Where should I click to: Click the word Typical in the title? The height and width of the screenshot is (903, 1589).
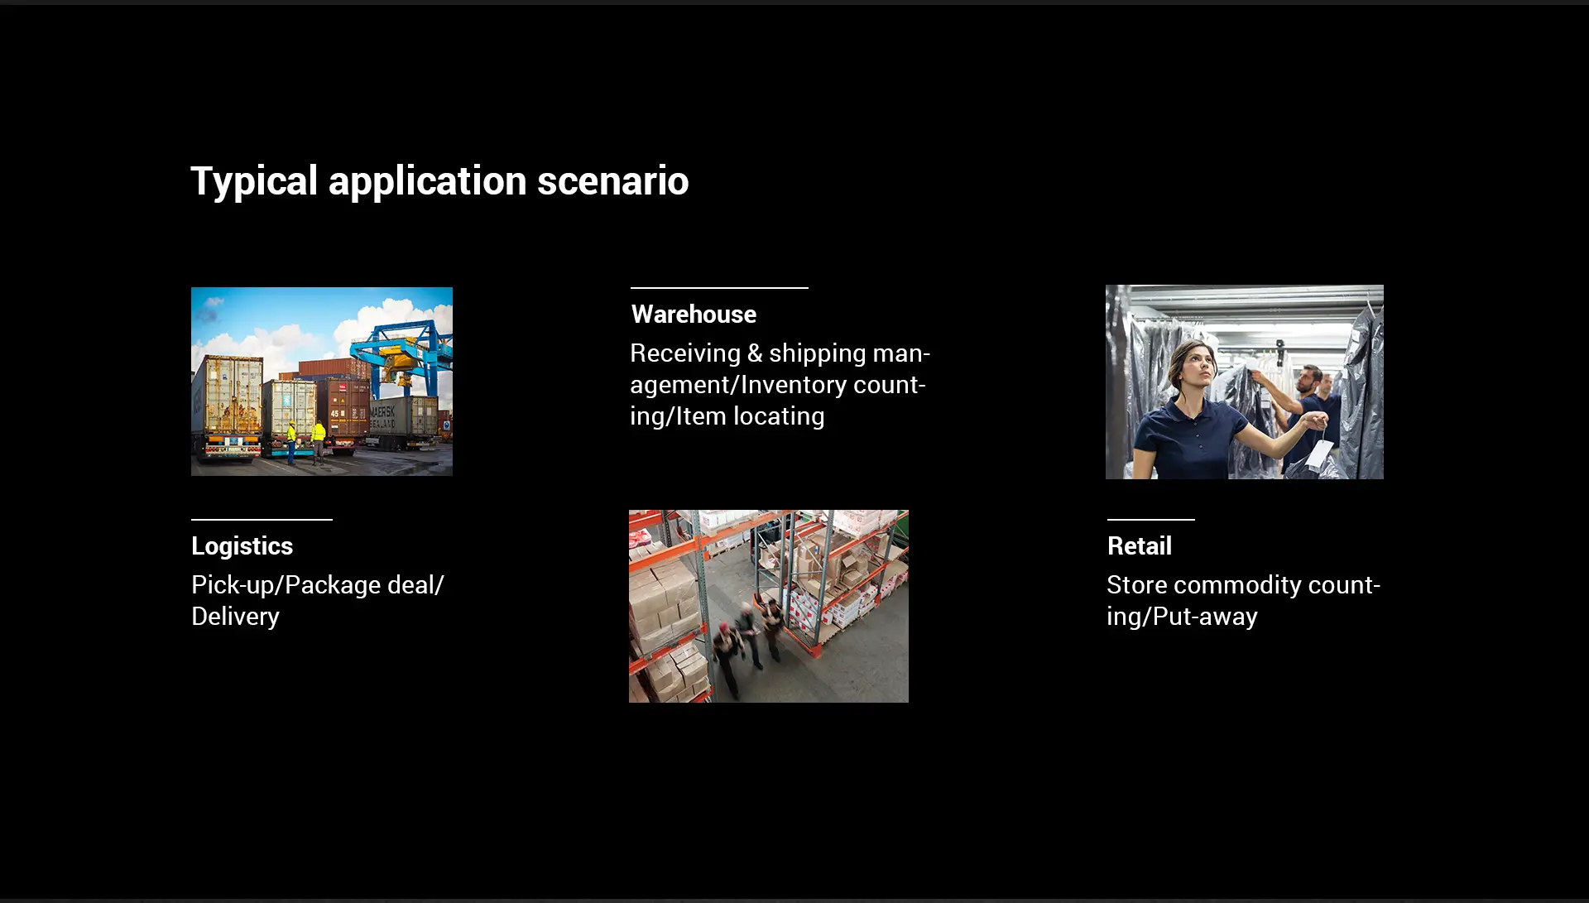254,181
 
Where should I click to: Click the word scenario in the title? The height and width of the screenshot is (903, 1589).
613,180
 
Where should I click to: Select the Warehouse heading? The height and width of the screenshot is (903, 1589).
694,315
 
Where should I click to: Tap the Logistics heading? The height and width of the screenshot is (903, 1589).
242,547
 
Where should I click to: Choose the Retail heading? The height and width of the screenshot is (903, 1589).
1140,546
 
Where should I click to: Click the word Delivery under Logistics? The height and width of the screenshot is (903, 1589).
235,617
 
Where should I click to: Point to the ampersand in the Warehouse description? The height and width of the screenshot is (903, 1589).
755,353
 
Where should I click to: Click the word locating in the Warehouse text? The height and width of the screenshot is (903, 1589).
779,416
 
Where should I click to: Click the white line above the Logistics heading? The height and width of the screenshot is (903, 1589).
262,520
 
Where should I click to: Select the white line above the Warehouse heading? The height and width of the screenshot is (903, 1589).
719,288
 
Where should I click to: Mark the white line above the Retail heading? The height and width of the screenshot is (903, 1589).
1151,520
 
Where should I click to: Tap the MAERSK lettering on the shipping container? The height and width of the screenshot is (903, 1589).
382,412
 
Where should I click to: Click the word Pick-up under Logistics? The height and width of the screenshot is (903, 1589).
234,586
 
